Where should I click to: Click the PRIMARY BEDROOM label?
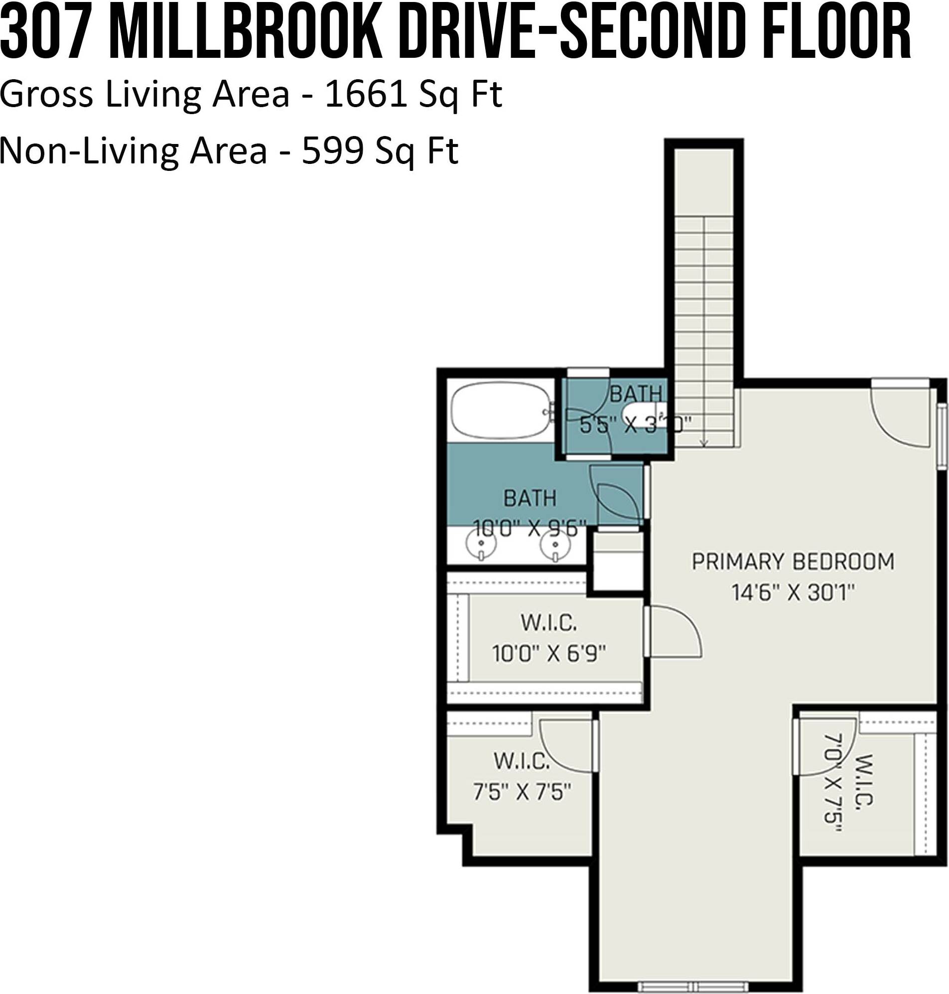pos(793,562)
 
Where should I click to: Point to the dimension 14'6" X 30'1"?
pos(793,592)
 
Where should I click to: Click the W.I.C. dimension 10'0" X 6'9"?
pos(549,654)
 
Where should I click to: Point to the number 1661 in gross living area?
pos(365,95)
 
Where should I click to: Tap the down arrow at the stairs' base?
pos(704,442)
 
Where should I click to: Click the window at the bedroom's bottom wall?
pos(692,986)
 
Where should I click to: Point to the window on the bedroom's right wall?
pos(942,436)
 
